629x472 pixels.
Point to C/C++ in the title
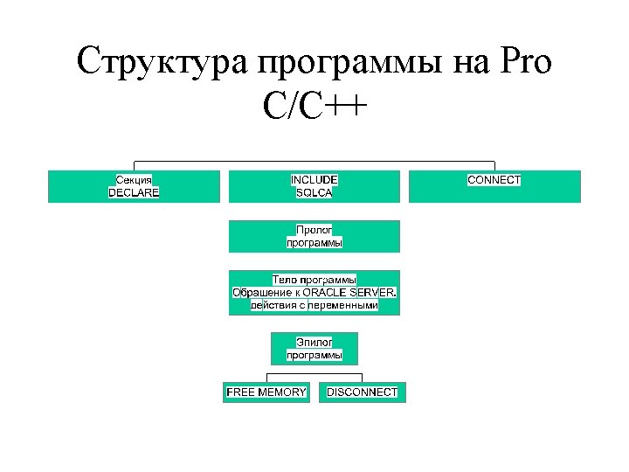tap(314, 109)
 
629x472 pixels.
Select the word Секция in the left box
tap(134, 179)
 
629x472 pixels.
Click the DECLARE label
tap(134, 192)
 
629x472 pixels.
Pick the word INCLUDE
tap(314, 179)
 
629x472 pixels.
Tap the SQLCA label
tap(314, 192)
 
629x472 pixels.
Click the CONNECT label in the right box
tap(494, 179)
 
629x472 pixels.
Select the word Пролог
tap(314, 229)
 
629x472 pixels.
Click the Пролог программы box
tap(314, 236)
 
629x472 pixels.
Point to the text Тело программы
tap(314, 279)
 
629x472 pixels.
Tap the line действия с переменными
tap(314, 305)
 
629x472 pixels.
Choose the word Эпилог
tap(314, 342)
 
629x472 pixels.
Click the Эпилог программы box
tap(314, 348)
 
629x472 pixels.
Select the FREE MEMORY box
tap(266, 392)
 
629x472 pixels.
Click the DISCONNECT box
tap(362, 392)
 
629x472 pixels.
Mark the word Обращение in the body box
tap(261, 292)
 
